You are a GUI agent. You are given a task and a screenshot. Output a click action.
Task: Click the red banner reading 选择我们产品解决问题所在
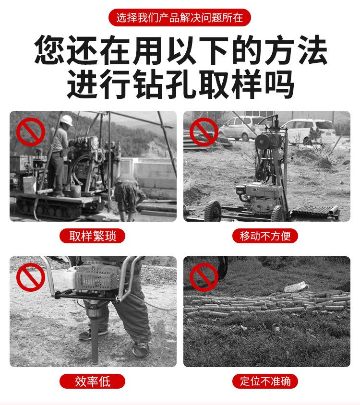[x=180, y=18]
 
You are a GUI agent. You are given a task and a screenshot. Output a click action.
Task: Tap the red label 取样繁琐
[x=92, y=236]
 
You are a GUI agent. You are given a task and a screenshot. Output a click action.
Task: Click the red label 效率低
[x=92, y=381]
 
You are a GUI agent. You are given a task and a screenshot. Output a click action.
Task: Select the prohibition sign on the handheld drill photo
[x=31, y=278]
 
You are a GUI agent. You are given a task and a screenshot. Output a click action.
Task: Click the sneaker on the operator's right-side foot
[x=140, y=349]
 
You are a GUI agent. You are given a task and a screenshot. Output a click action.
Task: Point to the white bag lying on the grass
[x=294, y=287]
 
